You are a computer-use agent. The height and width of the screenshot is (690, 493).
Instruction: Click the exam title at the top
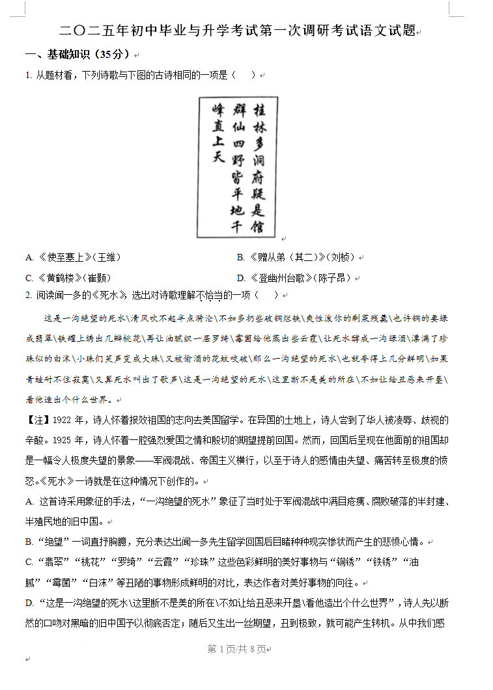coord(238,31)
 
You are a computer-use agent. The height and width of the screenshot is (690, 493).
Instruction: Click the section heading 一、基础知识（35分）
coord(81,54)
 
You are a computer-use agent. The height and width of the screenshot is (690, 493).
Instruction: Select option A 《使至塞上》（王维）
coord(73,257)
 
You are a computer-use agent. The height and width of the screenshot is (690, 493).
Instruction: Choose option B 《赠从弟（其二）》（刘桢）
coord(296,257)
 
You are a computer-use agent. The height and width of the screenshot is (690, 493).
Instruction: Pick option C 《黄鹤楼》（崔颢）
coord(68,278)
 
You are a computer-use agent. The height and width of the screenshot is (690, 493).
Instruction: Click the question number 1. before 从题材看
coord(29,76)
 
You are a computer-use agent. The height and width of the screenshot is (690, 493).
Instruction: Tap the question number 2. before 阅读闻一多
coord(29,295)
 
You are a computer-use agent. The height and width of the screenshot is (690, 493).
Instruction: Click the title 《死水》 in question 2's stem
coord(107,295)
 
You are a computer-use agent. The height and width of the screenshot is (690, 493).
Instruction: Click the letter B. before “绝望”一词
coord(29,542)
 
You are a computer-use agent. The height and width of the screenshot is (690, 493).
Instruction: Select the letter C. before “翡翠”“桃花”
coord(29,562)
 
